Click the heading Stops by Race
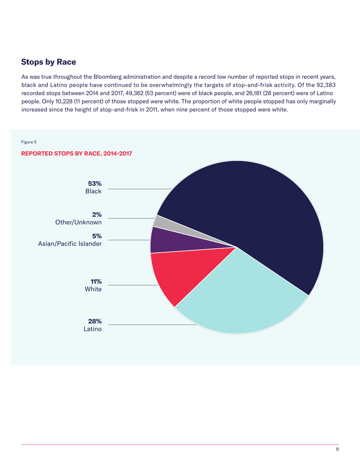click(49, 61)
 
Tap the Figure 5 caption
click(28, 142)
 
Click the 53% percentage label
click(95, 184)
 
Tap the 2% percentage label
click(97, 214)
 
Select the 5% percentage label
click(97, 236)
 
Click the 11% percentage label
click(95, 281)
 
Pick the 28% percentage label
click(95, 321)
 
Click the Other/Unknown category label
click(78, 222)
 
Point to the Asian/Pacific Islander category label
click(70, 244)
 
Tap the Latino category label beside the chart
click(92, 329)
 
